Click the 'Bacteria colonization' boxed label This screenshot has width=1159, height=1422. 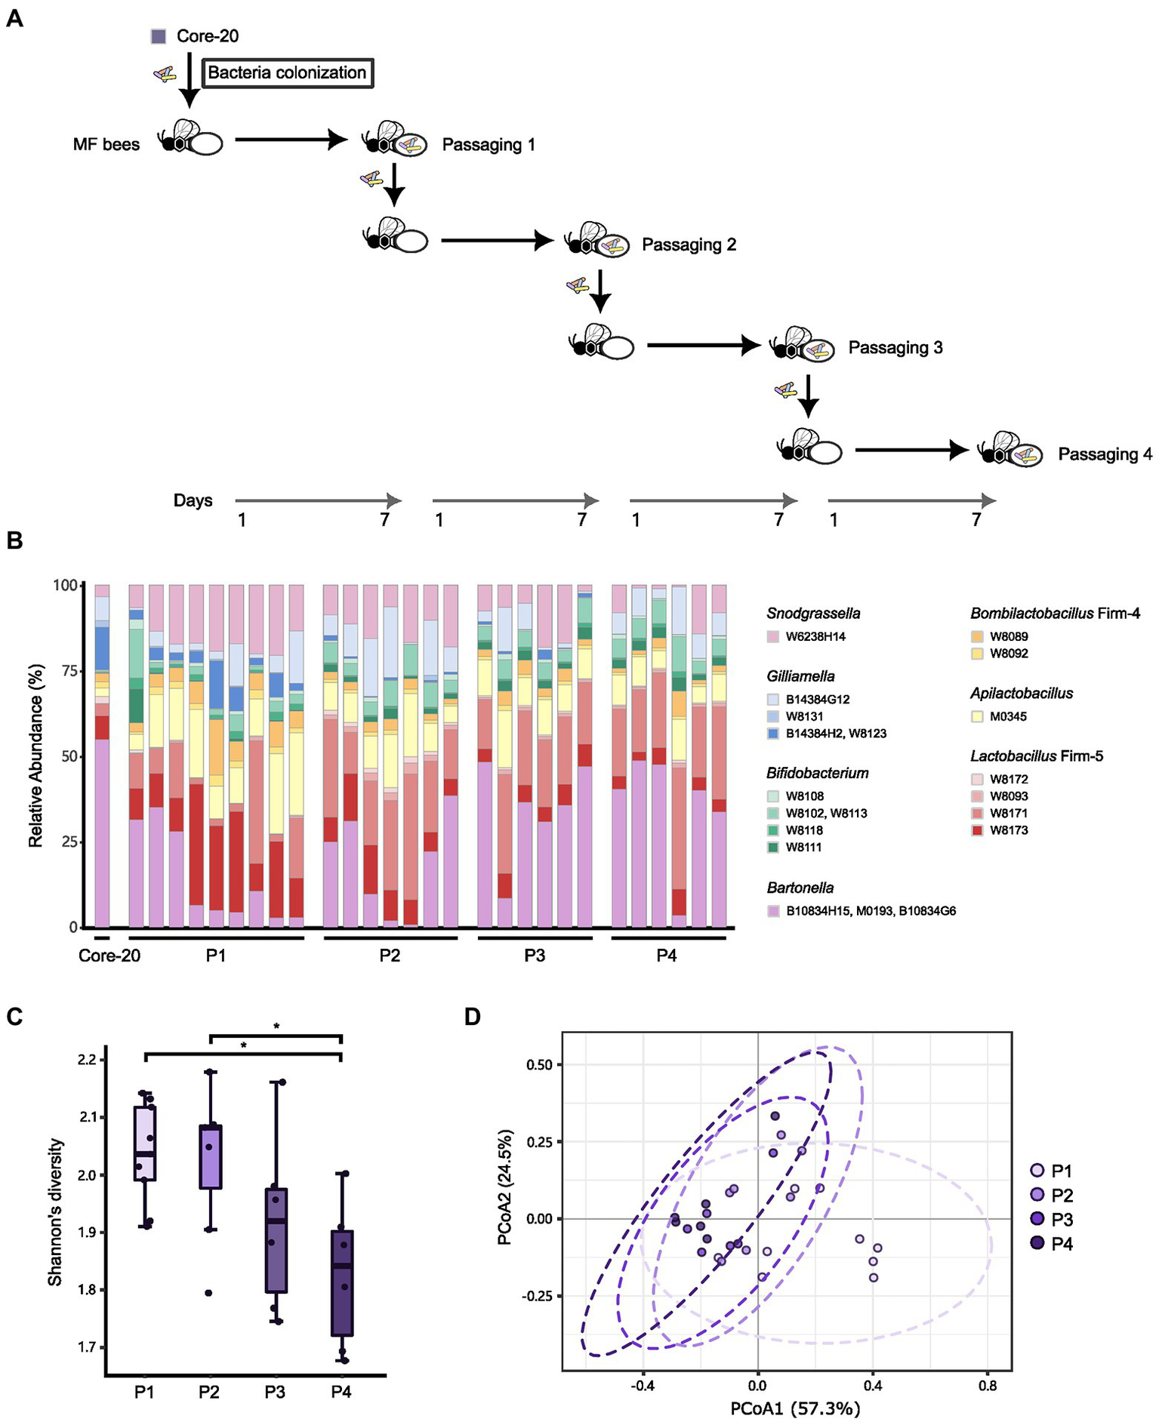point(287,73)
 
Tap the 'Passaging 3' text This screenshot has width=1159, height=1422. point(895,348)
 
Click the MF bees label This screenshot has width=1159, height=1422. point(106,144)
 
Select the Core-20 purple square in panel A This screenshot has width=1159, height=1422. point(159,36)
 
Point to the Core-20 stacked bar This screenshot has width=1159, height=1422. point(102,755)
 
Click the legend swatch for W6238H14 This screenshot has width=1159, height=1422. point(773,637)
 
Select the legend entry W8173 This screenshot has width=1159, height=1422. point(1008,830)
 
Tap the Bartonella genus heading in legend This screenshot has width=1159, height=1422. point(800,888)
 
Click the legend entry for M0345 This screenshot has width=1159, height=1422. point(1008,716)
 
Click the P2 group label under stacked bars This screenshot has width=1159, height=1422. point(390,955)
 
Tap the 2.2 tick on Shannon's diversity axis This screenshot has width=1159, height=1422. point(87,1060)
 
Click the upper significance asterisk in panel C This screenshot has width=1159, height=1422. point(276,1026)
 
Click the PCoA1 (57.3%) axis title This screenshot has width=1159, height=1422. point(795,1408)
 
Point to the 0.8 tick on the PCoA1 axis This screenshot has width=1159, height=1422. point(987,1386)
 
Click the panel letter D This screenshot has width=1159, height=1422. point(472,1017)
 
